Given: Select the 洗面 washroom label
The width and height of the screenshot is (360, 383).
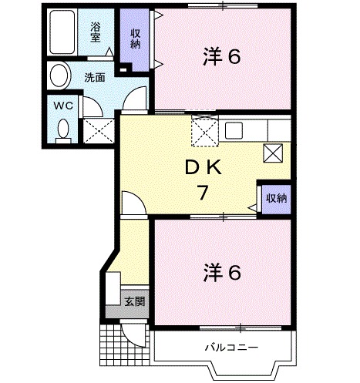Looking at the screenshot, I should (95, 78).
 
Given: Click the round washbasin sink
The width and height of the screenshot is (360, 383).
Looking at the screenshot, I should (58, 76).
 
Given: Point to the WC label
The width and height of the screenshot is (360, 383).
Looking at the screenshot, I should (61, 106).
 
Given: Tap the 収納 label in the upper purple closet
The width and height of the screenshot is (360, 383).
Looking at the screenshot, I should (135, 38).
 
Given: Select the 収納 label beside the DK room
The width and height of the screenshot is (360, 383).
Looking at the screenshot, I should (276, 198).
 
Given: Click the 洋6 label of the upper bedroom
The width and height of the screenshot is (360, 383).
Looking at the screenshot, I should (223, 57).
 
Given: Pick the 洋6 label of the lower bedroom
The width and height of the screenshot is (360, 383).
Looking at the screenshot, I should (223, 272).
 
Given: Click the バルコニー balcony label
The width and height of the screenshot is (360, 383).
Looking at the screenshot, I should (230, 347).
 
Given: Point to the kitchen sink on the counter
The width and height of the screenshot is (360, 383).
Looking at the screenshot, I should (234, 130).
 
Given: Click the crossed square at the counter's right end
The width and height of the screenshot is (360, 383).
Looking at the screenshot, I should (273, 152).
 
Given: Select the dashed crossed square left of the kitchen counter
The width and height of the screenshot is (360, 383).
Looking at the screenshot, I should (203, 129).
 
